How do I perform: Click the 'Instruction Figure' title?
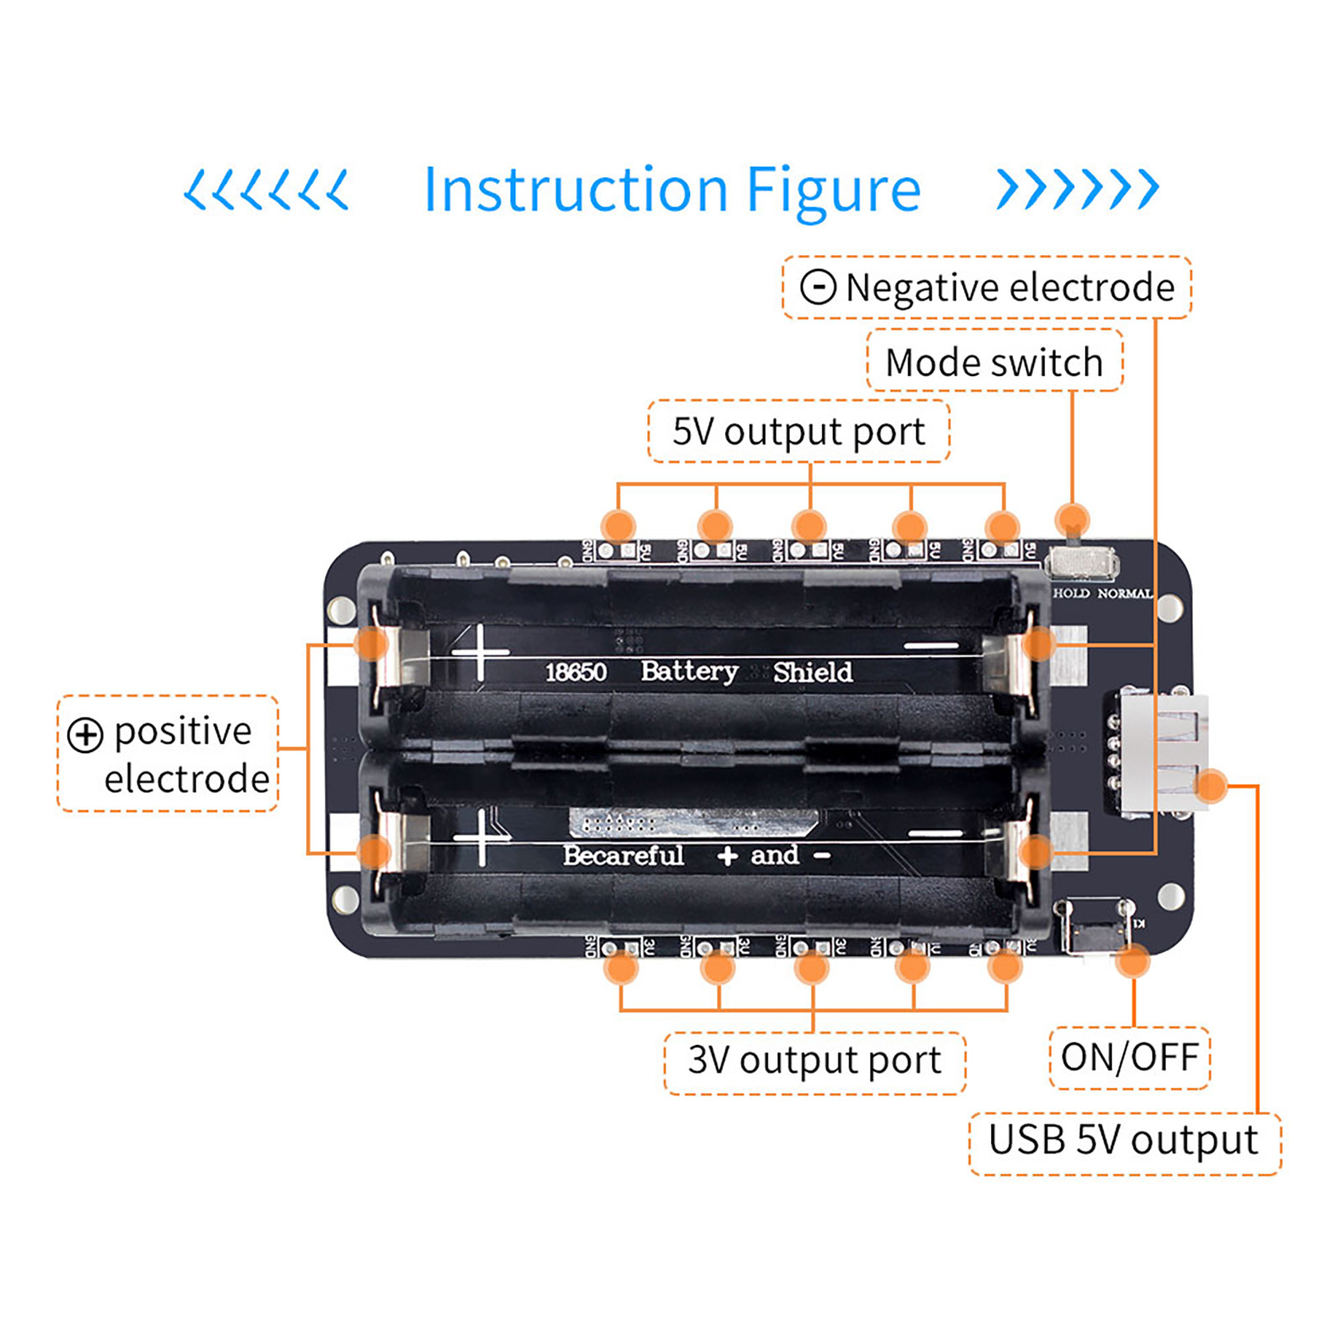[x=671, y=190]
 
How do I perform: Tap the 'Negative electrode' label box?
[x=986, y=288]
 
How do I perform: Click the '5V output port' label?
[x=798, y=431]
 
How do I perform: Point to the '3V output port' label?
[x=814, y=1060]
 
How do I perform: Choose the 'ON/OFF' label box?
[x=1129, y=1058]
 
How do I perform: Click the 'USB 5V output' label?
[x=1123, y=1141]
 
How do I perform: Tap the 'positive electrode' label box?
[x=168, y=754]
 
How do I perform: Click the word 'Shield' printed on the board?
[x=812, y=672]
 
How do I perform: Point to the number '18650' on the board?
[x=576, y=672]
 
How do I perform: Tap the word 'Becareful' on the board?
[x=623, y=855]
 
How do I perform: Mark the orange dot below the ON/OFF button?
[x=1133, y=960]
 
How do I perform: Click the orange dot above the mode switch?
[x=1072, y=519]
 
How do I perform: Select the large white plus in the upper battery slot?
[x=480, y=652]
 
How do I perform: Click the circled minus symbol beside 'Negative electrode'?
[x=818, y=287]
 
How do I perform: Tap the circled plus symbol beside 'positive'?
[x=85, y=735]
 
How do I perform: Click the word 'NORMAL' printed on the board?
[x=1125, y=593]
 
